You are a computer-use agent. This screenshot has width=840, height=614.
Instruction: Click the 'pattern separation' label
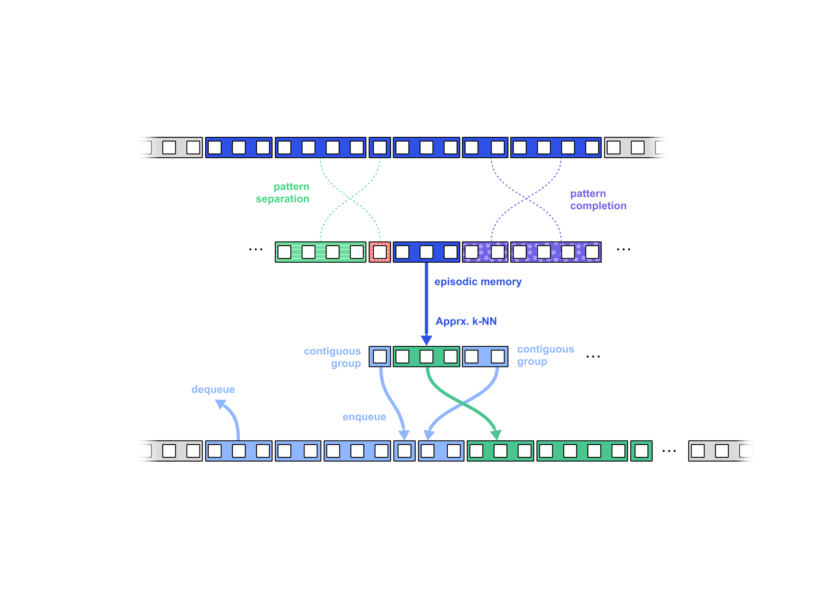tap(283, 193)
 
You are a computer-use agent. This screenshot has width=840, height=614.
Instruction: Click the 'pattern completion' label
tap(598, 200)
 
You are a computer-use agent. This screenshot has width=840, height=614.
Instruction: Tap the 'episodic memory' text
tap(478, 282)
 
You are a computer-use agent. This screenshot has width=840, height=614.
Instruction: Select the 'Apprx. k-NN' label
tap(466, 322)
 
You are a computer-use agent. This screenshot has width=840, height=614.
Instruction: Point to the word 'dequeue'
tap(213, 390)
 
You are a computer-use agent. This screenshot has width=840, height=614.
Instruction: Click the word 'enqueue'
tap(364, 417)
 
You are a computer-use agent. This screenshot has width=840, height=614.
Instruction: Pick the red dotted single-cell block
tap(380, 252)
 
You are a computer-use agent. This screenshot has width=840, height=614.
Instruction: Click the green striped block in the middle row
tap(320, 252)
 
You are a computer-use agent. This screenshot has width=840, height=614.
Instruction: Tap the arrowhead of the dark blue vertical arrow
tap(426, 340)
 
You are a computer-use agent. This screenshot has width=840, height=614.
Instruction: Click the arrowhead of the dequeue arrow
tap(221, 404)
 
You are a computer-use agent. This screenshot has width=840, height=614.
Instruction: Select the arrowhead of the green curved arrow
tap(496, 435)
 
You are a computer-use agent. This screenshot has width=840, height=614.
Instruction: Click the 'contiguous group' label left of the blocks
tap(333, 357)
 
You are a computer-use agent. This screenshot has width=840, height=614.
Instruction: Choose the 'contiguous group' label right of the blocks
tap(545, 355)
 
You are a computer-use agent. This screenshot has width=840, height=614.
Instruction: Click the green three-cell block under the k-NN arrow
tap(426, 357)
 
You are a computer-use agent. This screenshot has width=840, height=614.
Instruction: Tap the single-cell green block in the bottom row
tap(641, 451)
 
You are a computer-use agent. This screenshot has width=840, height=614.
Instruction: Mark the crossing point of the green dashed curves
tap(350, 199)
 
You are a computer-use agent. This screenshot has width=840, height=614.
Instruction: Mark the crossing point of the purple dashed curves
tap(526, 199)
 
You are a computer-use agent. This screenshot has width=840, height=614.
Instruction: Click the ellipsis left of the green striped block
tap(256, 249)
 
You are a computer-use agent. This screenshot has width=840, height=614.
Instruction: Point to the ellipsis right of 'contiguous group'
tap(593, 357)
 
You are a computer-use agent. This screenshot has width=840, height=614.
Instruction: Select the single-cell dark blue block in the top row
tap(380, 147)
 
